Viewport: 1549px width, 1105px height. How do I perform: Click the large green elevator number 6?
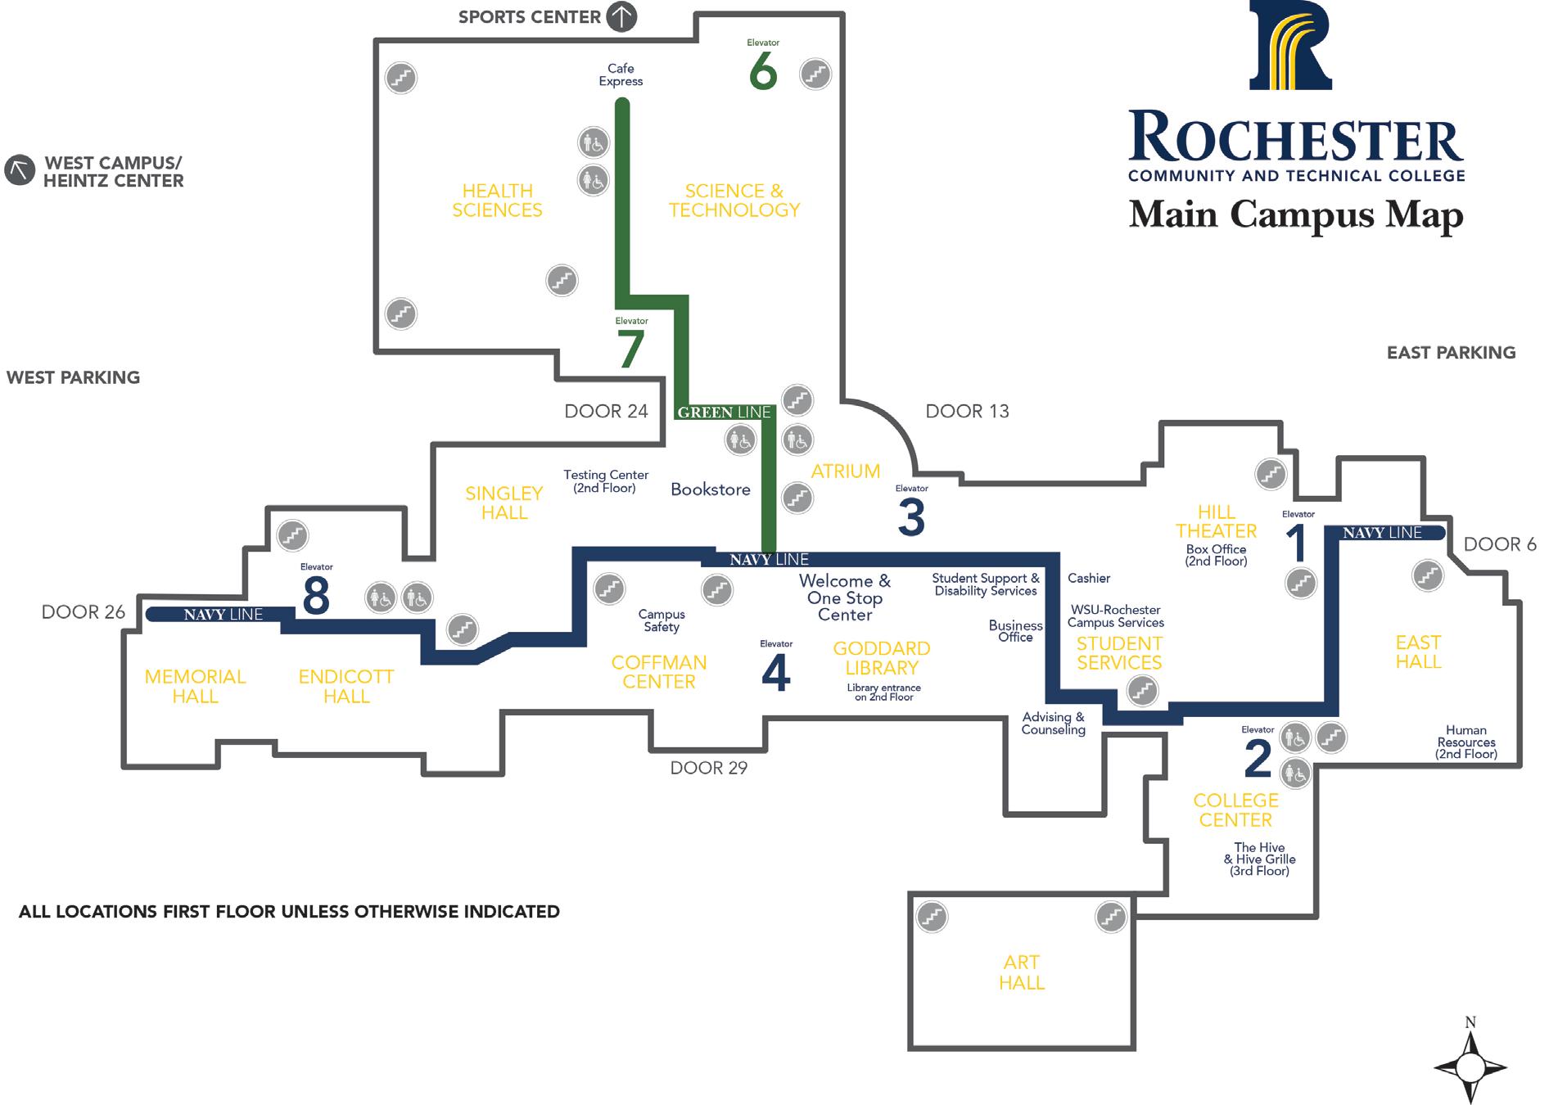click(762, 73)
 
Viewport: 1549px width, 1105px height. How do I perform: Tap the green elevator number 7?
click(630, 349)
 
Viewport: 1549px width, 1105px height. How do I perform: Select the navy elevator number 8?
click(316, 595)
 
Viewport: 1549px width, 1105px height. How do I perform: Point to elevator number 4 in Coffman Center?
click(775, 674)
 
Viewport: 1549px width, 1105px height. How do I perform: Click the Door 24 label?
click(606, 411)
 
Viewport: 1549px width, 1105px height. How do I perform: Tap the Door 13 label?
click(967, 411)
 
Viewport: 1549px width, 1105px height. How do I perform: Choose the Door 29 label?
click(708, 768)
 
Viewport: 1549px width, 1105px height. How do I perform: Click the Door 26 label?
click(84, 612)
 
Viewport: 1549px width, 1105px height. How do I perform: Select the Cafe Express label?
click(621, 74)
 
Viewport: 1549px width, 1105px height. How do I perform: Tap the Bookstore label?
click(710, 489)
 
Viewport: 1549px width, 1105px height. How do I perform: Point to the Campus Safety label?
click(662, 620)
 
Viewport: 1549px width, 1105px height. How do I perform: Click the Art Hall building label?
click(1021, 972)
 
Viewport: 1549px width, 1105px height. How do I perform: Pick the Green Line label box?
click(724, 413)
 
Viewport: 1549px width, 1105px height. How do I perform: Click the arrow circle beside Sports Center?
click(621, 16)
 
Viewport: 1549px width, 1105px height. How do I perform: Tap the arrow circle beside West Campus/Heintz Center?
click(20, 170)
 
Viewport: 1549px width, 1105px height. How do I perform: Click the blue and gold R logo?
click(1290, 47)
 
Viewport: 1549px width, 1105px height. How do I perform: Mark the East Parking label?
click(1451, 353)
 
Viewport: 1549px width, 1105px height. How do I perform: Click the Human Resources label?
click(1465, 742)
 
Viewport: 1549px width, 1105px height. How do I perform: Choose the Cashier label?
click(1088, 578)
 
